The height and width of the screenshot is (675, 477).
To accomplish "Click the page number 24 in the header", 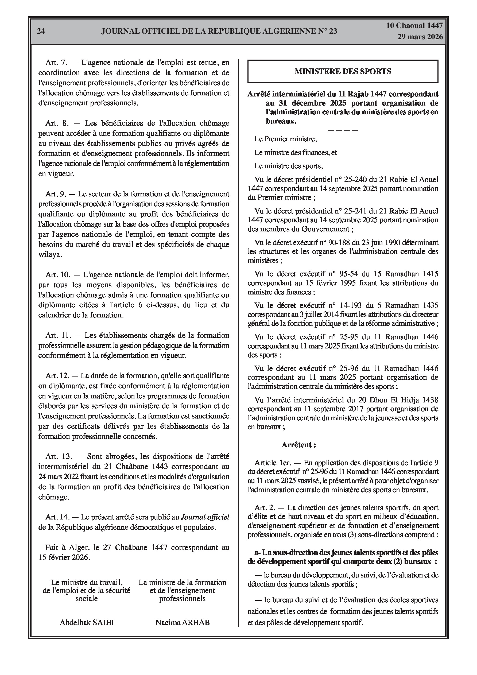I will [41, 31].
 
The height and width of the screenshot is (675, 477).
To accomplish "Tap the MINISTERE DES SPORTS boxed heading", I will [343, 71].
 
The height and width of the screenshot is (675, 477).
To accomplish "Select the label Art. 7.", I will [57, 62].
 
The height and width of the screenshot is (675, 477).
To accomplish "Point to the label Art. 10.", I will [58, 275].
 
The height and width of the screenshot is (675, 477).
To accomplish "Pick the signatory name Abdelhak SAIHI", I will [87, 622].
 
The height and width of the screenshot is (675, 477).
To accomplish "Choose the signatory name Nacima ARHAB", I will [182, 622].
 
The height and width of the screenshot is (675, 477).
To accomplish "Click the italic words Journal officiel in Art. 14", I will [205, 517].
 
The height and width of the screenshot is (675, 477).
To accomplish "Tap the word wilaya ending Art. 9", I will [50, 255].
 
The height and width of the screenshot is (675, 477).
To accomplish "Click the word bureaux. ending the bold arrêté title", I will [281, 121].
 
